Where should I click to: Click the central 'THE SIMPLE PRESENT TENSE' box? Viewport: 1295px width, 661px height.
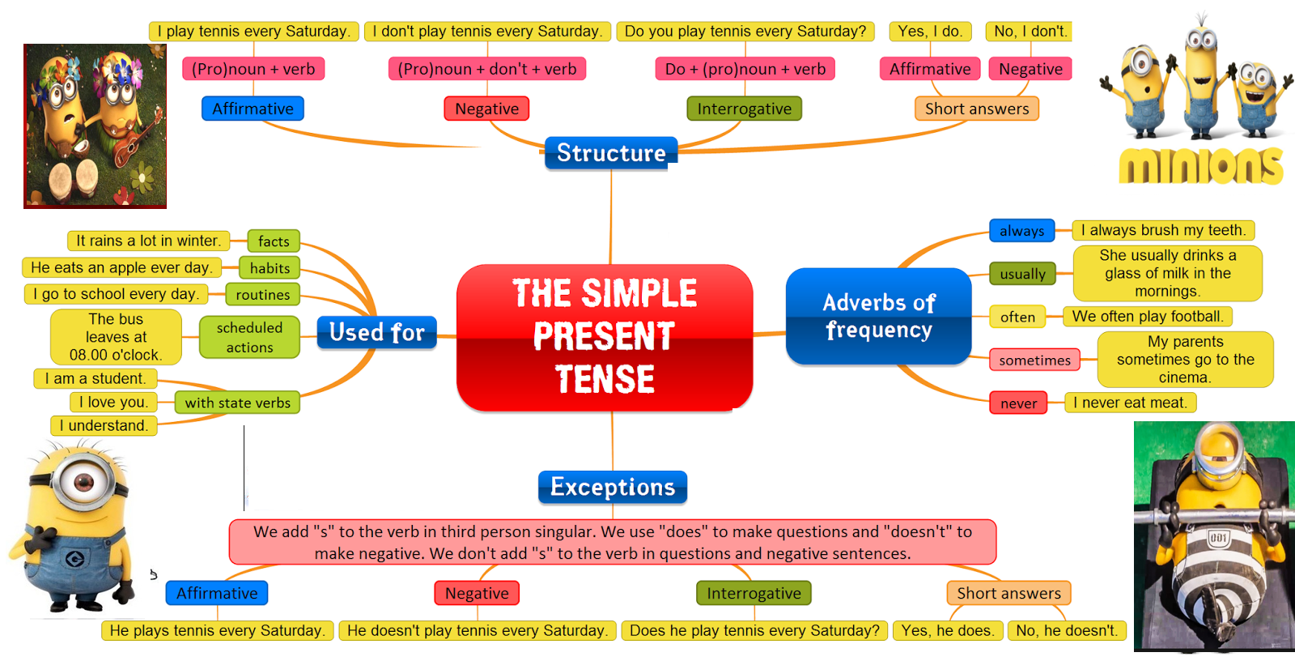point(605,336)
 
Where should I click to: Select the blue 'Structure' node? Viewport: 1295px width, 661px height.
point(611,153)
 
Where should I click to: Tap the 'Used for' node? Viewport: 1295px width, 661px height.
point(376,332)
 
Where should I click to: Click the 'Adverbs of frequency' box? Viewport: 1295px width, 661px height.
point(878,316)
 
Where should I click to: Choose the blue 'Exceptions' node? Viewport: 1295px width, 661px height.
point(613,487)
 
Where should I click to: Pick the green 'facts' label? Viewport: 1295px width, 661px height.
point(274,241)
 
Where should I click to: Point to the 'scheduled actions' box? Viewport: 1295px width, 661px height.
point(249,337)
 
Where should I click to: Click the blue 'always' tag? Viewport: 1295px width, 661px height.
point(1021,231)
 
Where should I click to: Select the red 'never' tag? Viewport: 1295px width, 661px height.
point(1018,403)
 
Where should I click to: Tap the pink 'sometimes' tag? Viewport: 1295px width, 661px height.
point(1034,360)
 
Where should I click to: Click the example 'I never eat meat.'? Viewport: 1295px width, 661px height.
point(1130,403)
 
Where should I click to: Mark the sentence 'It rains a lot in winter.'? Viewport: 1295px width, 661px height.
point(148,241)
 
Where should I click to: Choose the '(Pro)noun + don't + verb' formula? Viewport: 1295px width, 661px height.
point(487,69)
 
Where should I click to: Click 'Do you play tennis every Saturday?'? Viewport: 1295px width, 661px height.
point(745,32)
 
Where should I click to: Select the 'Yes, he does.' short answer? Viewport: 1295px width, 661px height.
point(948,630)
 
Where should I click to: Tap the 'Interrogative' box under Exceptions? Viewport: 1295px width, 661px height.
point(754,593)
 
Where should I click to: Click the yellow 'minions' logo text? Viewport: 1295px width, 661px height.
point(1201,166)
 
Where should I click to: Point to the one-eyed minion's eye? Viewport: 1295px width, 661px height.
point(83,483)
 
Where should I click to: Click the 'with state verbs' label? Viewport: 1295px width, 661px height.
point(237,403)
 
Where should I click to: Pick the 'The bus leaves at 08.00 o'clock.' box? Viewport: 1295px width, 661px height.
point(116,337)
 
